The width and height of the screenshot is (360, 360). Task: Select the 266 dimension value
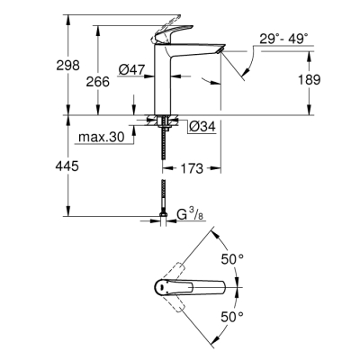(99, 81)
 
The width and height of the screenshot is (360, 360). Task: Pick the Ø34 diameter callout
(202, 126)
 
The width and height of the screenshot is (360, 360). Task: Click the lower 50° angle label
(233, 316)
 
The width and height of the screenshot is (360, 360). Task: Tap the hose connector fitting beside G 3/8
(163, 214)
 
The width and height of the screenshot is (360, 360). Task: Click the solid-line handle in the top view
(198, 286)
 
